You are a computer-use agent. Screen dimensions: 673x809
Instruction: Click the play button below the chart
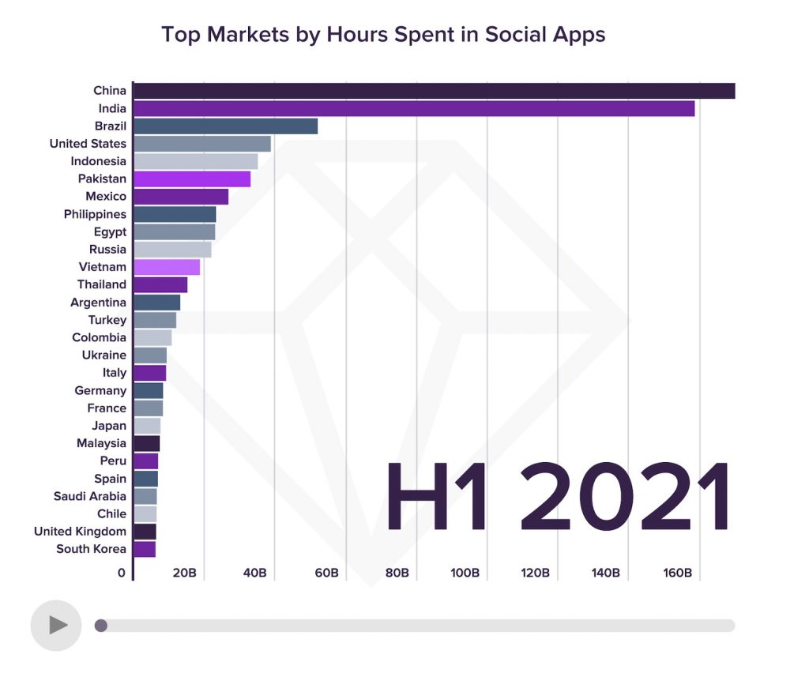click(x=56, y=626)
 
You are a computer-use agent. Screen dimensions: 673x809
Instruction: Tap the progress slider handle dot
click(x=101, y=626)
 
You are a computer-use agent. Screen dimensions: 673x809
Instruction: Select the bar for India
click(x=414, y=108)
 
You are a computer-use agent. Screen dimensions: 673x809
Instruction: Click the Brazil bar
click(x=225, y=126)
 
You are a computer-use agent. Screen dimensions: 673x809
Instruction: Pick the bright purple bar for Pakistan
click(x=192, y=179)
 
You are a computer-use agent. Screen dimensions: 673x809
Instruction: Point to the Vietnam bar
click(x=167, y=267)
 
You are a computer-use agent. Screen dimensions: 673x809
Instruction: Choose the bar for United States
click(x=202, y=144)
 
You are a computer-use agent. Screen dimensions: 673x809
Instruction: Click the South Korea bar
click(x=145, y=549)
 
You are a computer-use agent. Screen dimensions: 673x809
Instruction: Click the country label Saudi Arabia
click(x=89, y=496)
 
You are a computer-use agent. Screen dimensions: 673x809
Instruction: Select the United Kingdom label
click(x=80, y=532)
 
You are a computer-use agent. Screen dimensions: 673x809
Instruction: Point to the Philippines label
click(x=95, y=214)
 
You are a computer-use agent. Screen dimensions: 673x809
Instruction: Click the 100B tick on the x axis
click(x=465, y=573)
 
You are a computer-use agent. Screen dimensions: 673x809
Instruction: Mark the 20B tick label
click(x=184, y=573)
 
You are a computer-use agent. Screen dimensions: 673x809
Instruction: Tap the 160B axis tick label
click(x=677, y=573)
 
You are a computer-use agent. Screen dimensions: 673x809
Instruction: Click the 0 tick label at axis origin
click(x=122, y=573)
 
